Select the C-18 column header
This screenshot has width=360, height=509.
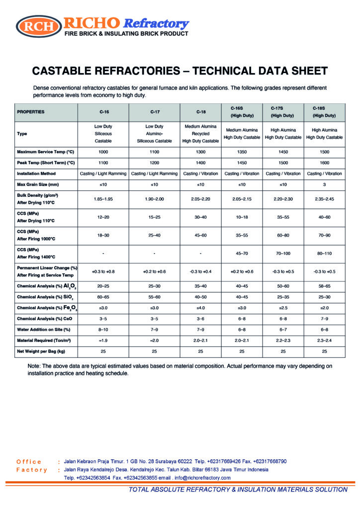coord(201,112)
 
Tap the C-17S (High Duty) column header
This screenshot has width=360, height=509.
coord(283,112)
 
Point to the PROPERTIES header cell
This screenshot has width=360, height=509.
coord(31,112)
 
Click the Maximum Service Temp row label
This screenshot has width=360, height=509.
coord(45,152)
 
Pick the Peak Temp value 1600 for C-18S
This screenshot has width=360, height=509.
coord(324,163)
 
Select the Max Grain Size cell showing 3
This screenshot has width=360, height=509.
coord(324,185)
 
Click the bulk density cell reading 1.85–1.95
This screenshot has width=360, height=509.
coord(103,199)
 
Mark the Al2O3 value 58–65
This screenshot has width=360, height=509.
coord(324,286)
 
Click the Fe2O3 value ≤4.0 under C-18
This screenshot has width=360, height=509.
coord(201,308)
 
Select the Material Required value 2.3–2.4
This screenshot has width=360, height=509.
coord(324,340)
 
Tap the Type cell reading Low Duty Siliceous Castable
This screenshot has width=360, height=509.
coord(103,134)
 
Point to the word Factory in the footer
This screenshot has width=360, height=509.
coord(32,470)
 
